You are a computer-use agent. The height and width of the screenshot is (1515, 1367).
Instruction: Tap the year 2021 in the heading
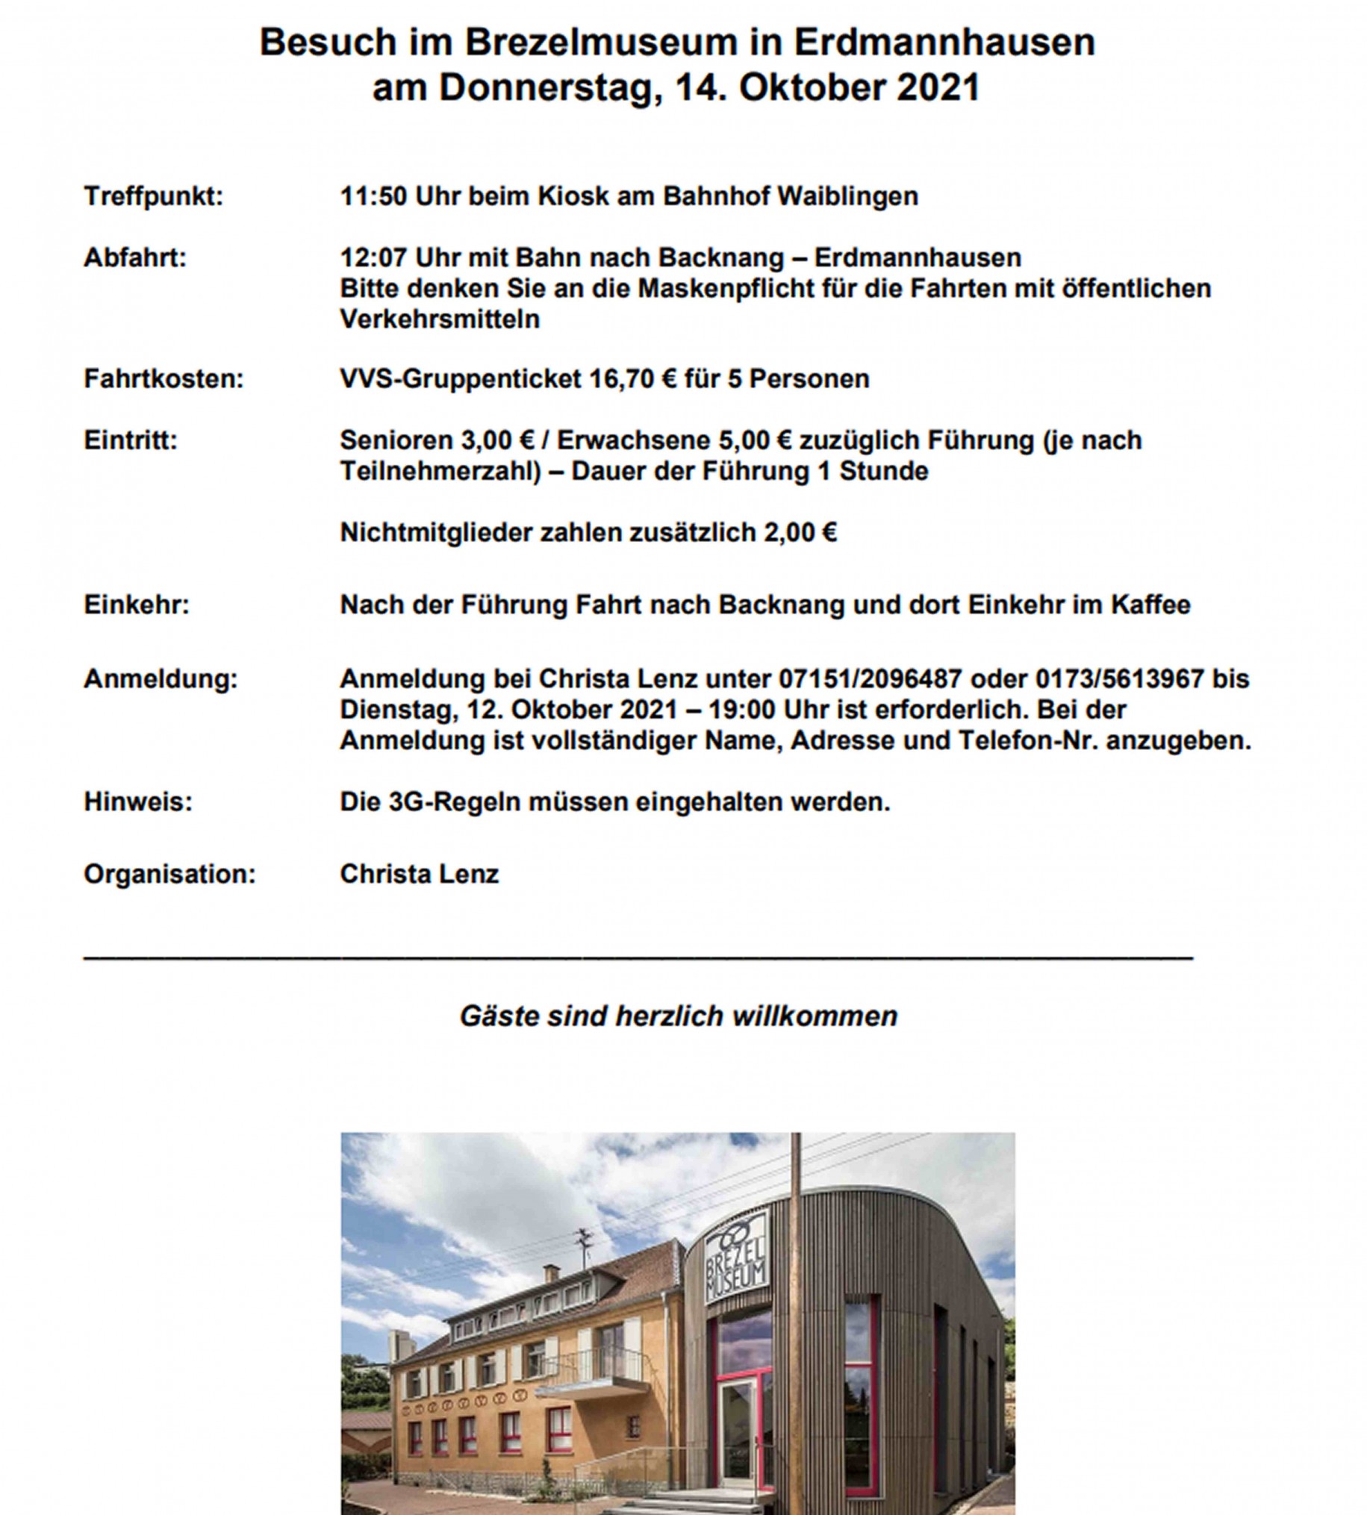click(x=939, y=88)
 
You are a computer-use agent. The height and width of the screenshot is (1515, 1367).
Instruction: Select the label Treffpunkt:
click(x=153, y=197)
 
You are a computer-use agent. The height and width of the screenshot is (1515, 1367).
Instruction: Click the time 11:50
click(x=373, y=197)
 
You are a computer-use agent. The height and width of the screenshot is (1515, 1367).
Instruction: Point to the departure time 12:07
click(x=373, y=257)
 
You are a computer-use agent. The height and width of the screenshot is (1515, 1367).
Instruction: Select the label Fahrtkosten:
click(x=164, y=379)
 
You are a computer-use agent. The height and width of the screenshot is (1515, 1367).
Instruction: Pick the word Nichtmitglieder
click(x=435, y=532)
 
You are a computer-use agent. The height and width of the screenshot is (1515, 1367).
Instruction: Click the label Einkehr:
click(x=137, y=605)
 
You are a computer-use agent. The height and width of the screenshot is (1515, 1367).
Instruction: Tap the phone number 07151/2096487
click(x=870, y=678)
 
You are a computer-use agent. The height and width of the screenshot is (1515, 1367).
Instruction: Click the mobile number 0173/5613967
click(x=1120, y=678)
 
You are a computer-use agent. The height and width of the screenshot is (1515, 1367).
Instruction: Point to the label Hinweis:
click(x=138, y=802)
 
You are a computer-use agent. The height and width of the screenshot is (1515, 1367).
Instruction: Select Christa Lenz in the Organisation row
click(x=419, y=874)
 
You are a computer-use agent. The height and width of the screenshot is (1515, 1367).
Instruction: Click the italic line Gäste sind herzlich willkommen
click(x=678, y=1016)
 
